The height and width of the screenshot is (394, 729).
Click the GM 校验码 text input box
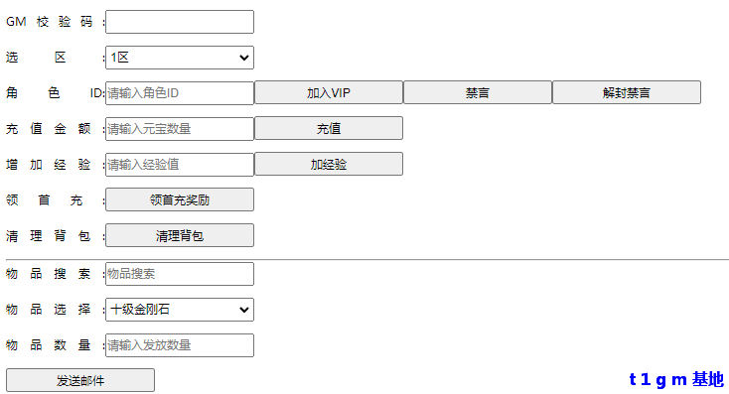coord(180,22)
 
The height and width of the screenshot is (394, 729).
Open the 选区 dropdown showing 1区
coord(180,58)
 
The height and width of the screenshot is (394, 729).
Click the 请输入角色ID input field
coord(180,93)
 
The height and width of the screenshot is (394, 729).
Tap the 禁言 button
coord(478,93)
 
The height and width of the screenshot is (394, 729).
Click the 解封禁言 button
coord(627,93)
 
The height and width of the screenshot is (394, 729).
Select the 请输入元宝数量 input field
coord(180,129)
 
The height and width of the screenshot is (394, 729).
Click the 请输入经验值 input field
coord(180,165)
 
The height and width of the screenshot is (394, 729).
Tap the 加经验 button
coord(329,165)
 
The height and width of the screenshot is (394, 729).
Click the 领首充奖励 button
coord(180,200)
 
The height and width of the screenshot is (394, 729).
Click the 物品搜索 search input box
coord(180,274)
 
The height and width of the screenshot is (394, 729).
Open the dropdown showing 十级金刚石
coord(180,310)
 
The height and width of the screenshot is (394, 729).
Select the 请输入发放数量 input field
coord(180,345)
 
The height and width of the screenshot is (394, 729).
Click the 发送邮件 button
coord(80,380)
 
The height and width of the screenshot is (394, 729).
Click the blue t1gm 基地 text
coord(676,380)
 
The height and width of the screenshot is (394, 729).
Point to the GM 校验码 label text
coord(50,22)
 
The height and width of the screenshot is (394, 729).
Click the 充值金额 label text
coord(50,129)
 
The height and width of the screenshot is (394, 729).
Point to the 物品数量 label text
coord(50,345)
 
